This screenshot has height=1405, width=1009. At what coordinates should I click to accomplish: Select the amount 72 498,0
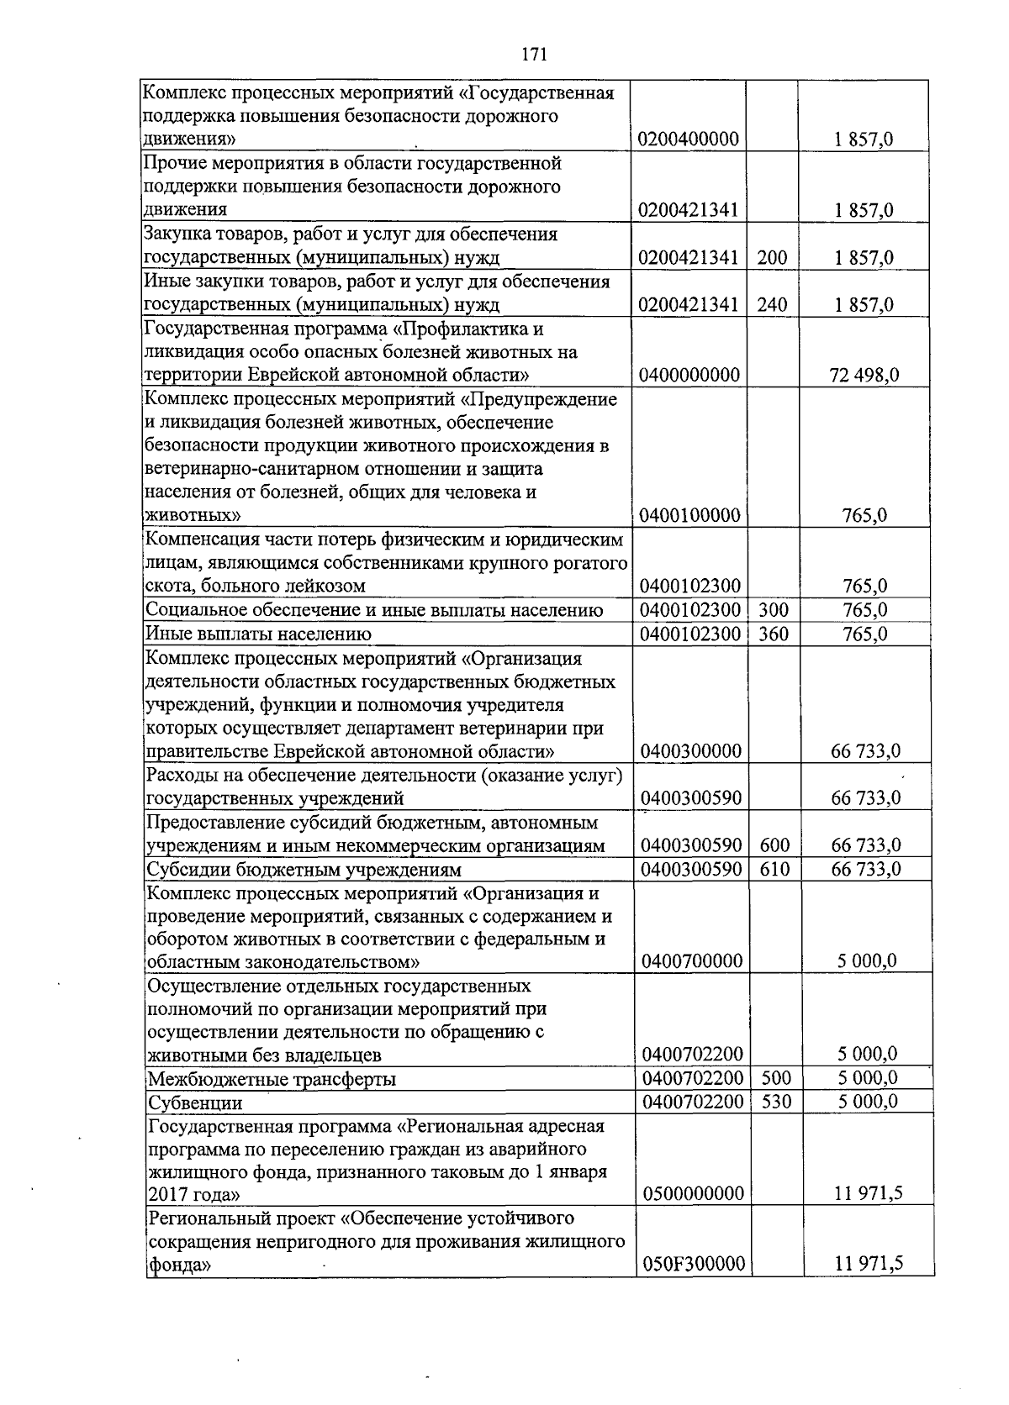(x=864, y=375)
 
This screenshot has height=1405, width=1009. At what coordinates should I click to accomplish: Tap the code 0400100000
(x=689, y=515)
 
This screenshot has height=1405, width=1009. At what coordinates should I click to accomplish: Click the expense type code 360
(x=774, y=634)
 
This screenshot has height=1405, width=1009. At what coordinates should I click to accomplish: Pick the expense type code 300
(x=774, y=610)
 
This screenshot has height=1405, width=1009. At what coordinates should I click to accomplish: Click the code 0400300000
(x=690, y=750)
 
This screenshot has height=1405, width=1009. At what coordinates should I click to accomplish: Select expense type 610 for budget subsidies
(x=774, y=869)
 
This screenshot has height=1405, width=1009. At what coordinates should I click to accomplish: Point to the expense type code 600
(x=774, y=845)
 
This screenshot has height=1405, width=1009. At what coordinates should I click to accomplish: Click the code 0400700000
(x=691, y=960)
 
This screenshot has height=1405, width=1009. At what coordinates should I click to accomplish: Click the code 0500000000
(x=693, y=1193)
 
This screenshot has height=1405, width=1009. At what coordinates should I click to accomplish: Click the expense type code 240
(x=772, y=304)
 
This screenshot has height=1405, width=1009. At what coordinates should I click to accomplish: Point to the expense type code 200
(x=772, y=257)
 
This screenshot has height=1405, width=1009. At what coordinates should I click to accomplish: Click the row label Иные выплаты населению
(x=259, y=634)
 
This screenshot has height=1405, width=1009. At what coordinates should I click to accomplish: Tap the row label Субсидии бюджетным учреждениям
(x=304, y=870)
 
